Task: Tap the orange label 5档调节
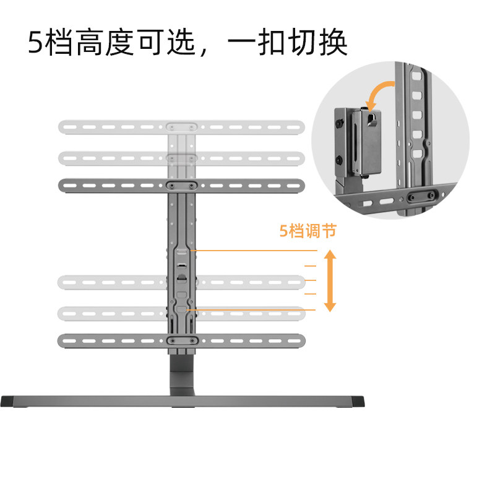tap(308, 231)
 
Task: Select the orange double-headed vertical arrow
tap(330, 280)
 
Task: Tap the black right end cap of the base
tap(358, 402)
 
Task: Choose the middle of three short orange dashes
tap(310, 280)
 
